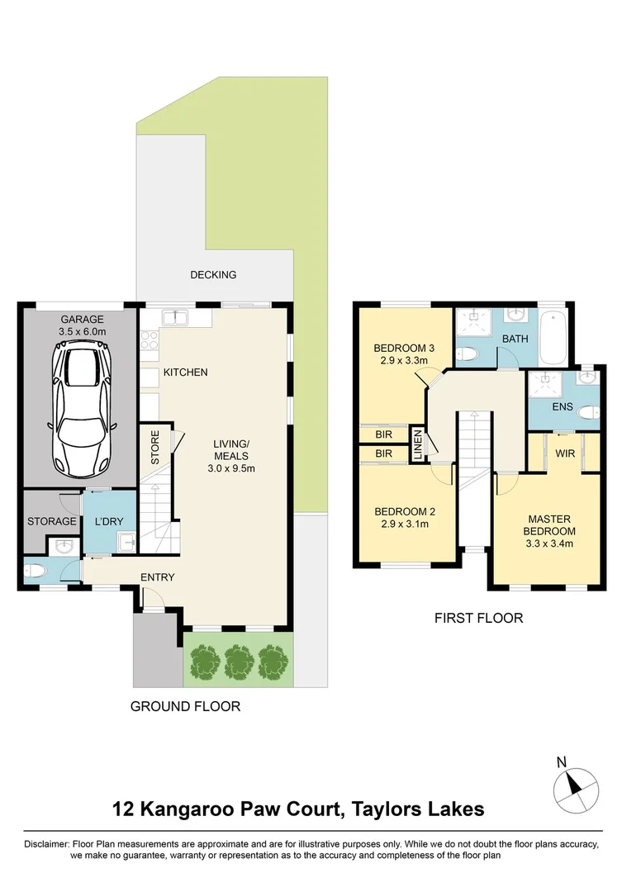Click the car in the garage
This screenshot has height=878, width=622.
(x=82, y=408)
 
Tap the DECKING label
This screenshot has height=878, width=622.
(x=213, y=275)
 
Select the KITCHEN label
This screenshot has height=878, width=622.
(x=185, y=373)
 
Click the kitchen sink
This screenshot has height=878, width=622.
(x=176, y=318)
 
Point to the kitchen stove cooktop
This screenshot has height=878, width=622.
(x=150, y=339)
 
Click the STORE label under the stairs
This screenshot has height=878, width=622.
(x=155, y=447)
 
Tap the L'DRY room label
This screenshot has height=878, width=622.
(x=108, y=521)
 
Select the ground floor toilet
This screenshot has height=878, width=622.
(x=35, y=571)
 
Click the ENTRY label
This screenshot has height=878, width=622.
(x=157, y=577)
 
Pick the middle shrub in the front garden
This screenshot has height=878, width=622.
(x=239, y=662)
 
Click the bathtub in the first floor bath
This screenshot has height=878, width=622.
(x=553, y=338)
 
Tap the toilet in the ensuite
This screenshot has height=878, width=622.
(x=588, y=413)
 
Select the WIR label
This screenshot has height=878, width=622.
(x=565, y=453)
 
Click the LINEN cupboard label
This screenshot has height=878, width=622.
(x=418, y=445)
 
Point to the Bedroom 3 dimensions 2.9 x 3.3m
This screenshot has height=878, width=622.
(x=404, y=361)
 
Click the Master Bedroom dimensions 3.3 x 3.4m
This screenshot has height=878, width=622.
(x=549, y=543)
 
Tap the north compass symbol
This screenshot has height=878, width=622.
(x=575, y=790)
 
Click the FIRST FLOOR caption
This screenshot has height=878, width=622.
(x=478, y=618)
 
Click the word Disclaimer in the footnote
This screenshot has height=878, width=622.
(x=46, y=844)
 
